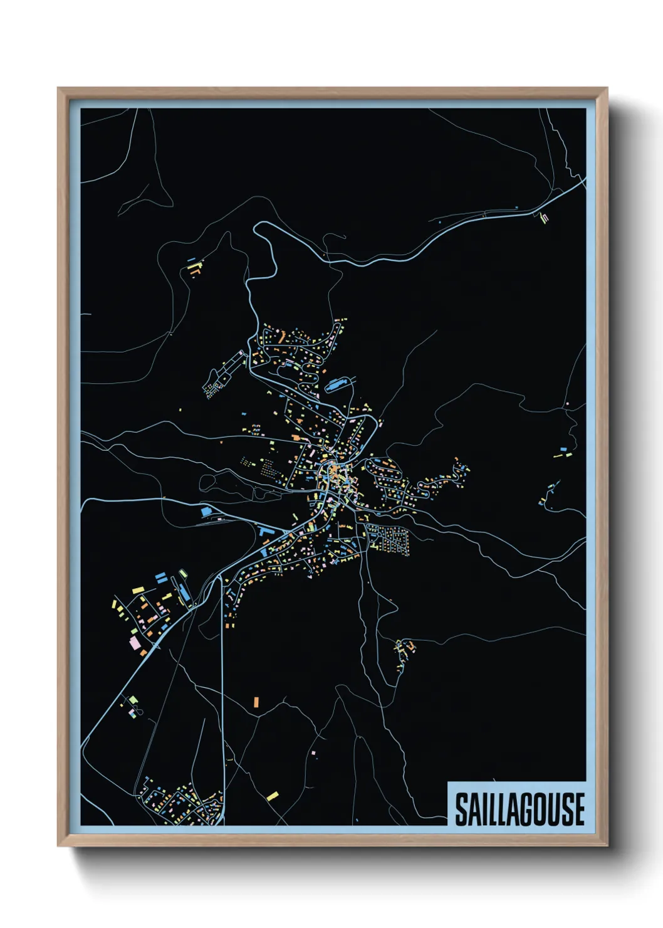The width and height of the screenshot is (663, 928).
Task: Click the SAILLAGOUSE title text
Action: [519, 809]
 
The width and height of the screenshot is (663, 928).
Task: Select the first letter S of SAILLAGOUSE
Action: [461, 809]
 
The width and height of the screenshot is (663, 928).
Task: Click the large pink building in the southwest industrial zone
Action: [134, 643]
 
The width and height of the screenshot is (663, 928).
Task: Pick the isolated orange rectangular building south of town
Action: [256, 701]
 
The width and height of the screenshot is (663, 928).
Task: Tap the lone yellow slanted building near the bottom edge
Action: [273, 796]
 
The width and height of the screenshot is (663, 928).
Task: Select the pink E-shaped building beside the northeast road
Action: [544, 218]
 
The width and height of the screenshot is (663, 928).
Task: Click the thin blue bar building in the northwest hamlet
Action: [191, 259]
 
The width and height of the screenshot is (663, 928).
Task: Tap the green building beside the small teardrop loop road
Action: [133, 699]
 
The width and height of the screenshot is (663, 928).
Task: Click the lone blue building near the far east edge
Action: [563, 449]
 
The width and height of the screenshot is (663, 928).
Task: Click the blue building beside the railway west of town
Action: [206, 512]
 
